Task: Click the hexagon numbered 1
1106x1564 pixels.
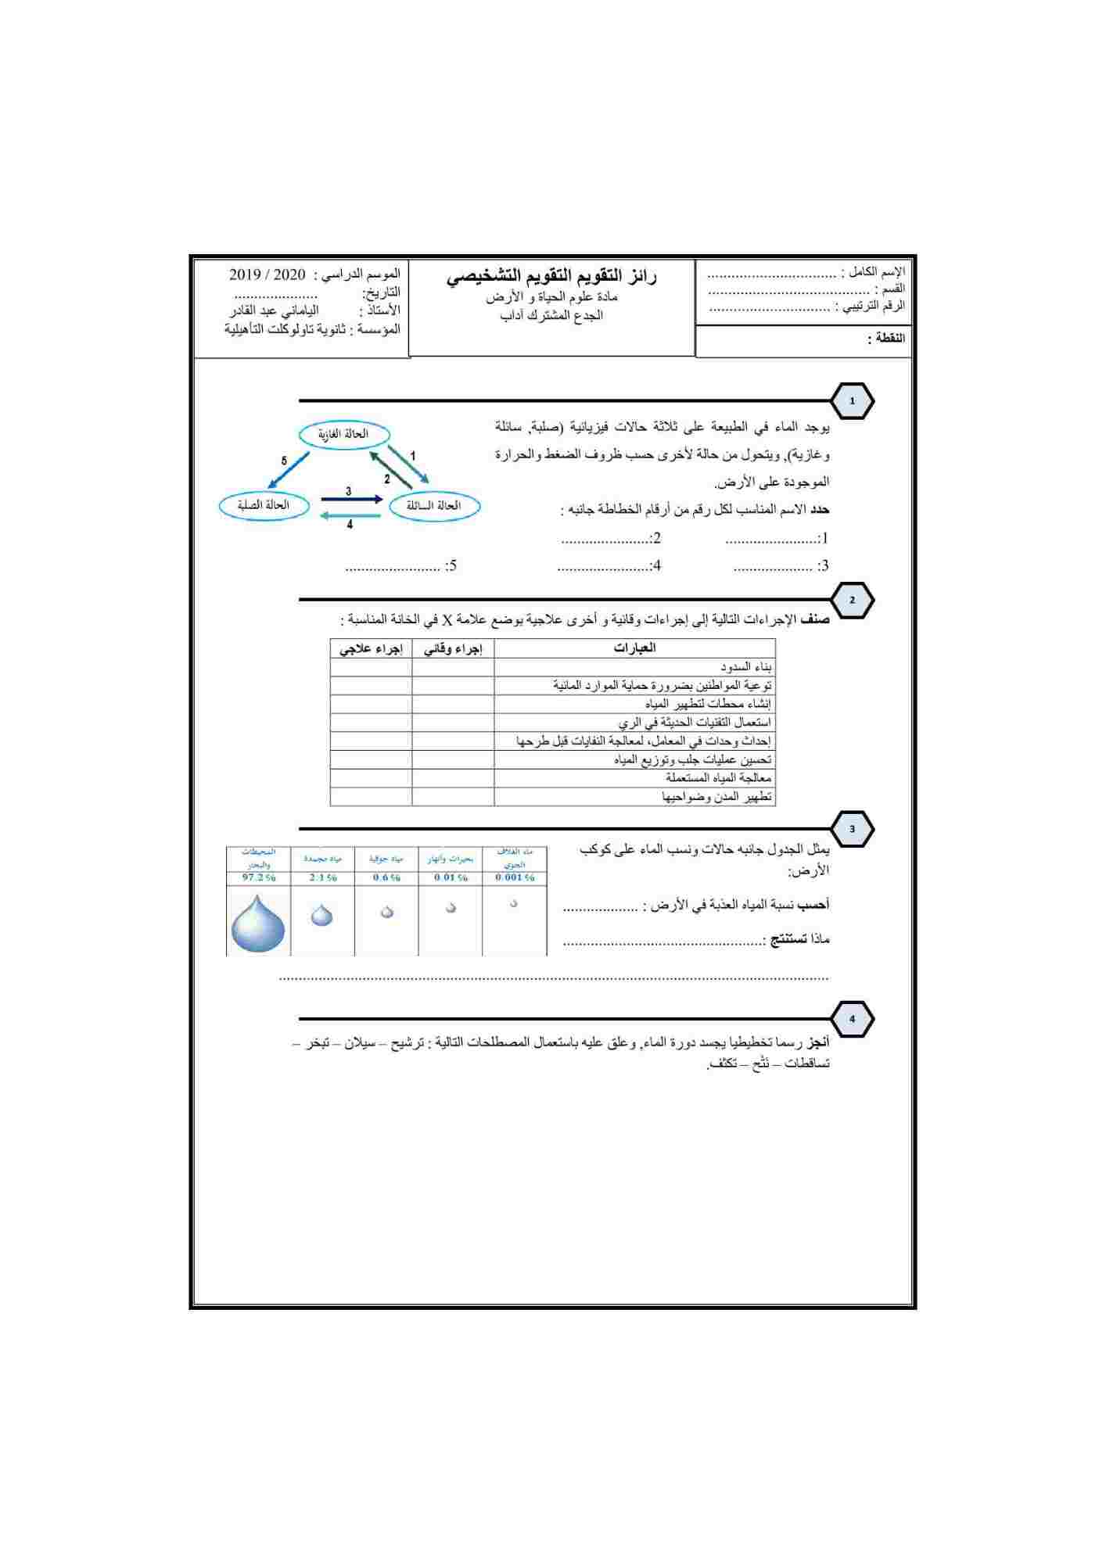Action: (x=852, y=401)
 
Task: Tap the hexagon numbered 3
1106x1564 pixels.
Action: (x=852, y=829)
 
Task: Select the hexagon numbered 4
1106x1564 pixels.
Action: (x=852, y=1019)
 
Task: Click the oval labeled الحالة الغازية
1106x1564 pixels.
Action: (x=343, y=434)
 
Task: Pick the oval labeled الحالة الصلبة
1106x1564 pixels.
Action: (x=264, y=505)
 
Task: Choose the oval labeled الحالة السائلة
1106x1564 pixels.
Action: (x=433, y=506)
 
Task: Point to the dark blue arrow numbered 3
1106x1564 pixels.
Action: (x=351, y=499)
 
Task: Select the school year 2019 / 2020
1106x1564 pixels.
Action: (x=268, y=274)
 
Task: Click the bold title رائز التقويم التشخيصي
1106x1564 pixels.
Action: (x=551, y=277)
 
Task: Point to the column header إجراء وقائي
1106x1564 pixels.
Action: (x=453, y=648)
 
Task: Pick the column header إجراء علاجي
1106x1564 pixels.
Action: (x=371, y=648)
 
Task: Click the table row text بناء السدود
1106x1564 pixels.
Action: (x=746, y=667)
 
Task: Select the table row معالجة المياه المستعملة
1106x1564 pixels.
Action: (x=718, y=778)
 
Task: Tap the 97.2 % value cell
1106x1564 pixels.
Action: (x=258, y=878)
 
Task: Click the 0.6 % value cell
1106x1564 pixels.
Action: (x=386, y=878)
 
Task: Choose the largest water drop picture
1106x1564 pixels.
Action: (x=258, y=924)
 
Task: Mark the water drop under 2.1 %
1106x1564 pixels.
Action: (x=321, y=915)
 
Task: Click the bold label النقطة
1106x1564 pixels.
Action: (x=885, y=339)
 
